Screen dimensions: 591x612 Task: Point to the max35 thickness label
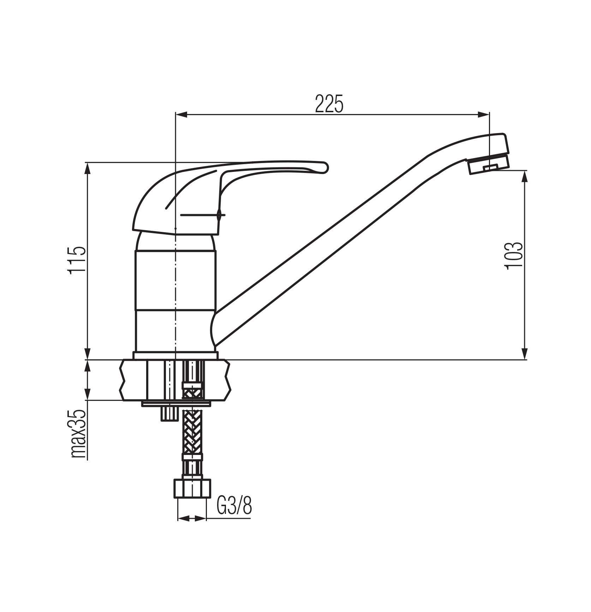(x=78, y=434)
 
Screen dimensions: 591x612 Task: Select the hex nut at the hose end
(x=192, y=488)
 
